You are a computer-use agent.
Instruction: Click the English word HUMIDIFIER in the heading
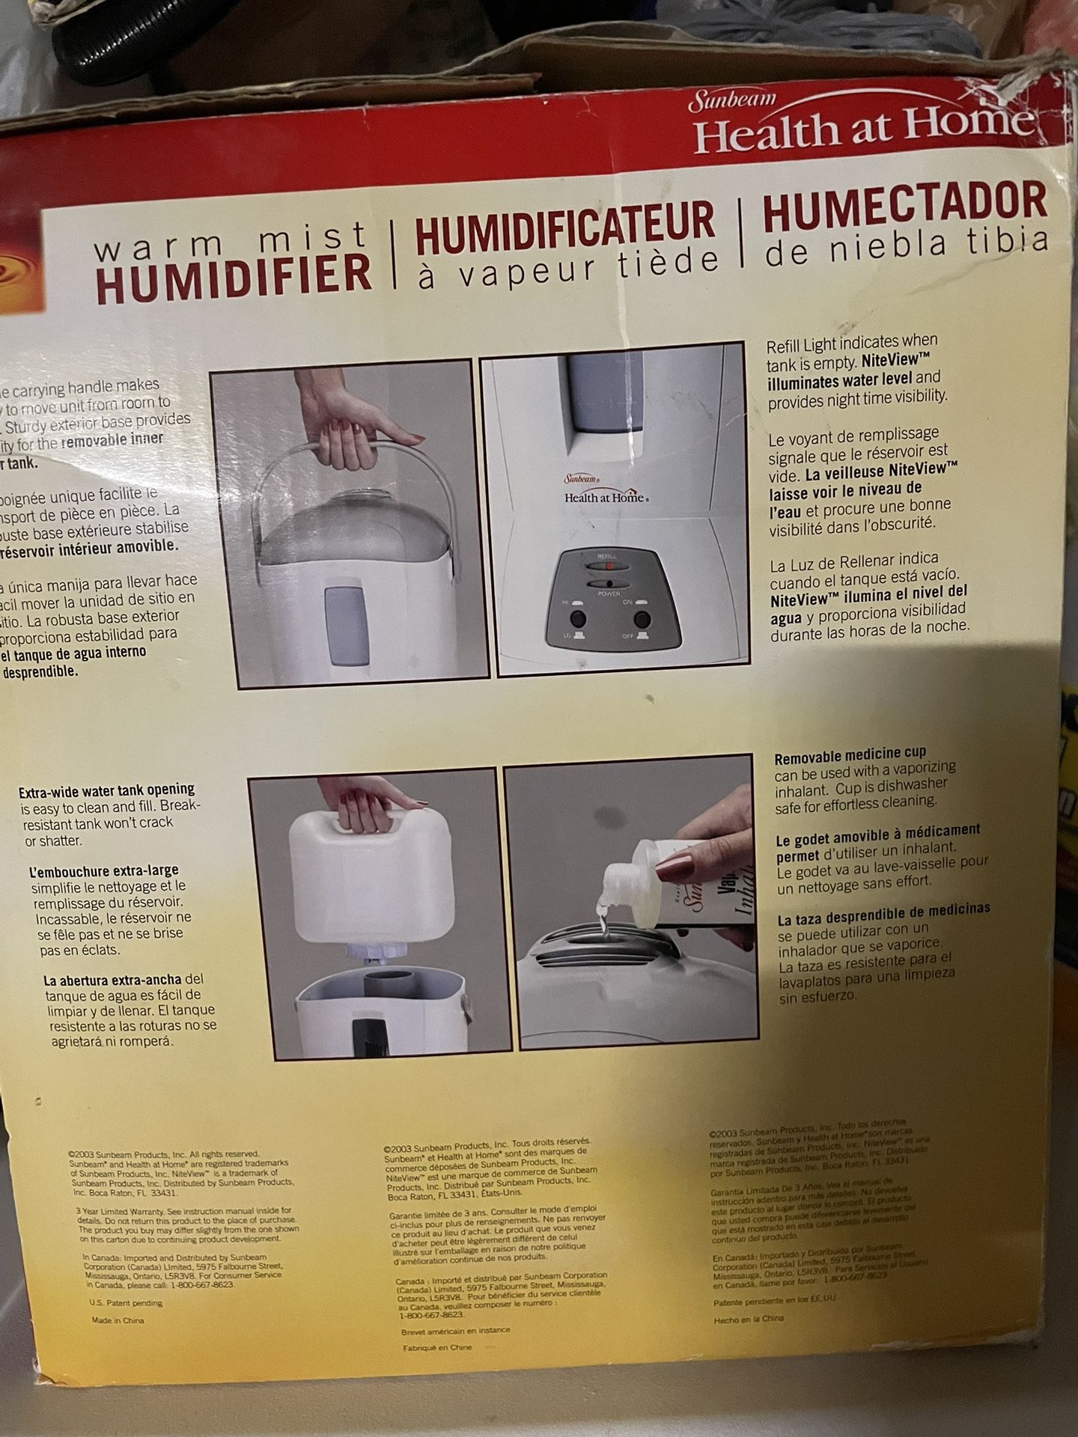click(x=234, y=273)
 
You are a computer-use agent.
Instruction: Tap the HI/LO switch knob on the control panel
click(x=576, y=618)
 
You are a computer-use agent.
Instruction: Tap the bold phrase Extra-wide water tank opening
click(x=106, y=790)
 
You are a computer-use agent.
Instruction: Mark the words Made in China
click(x=118, y=1321)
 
